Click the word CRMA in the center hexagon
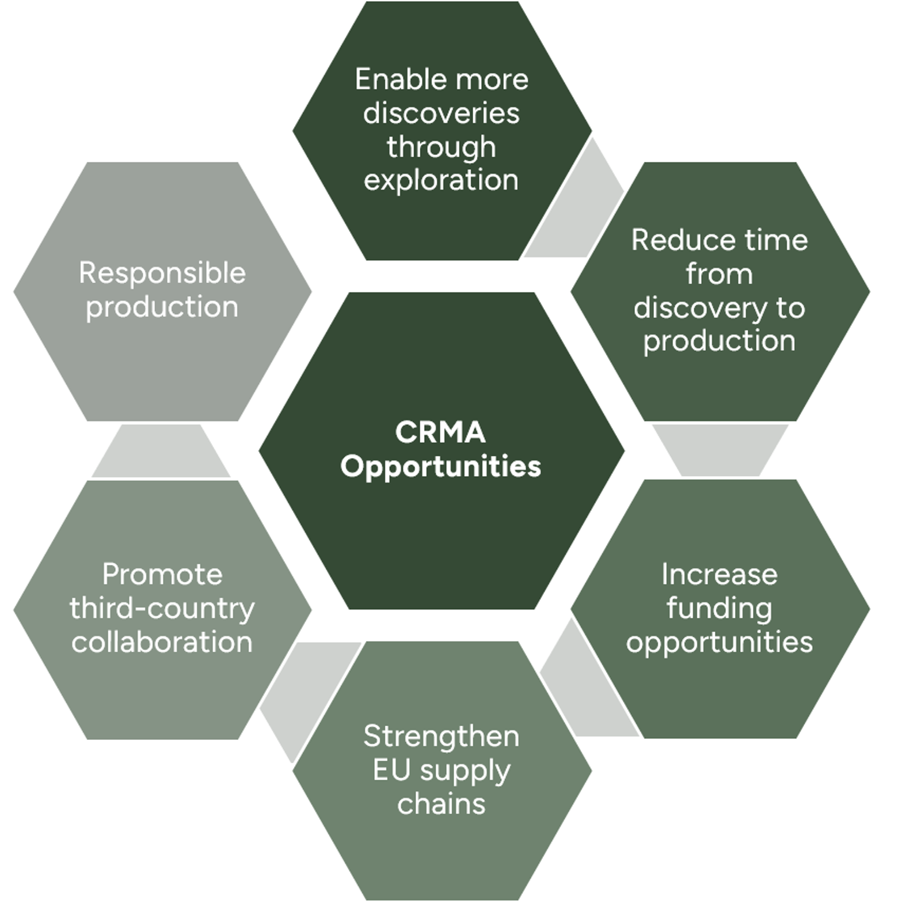pos(440,432)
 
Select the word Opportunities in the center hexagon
pos(440,466)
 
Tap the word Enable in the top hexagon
pos(389,79)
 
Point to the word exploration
pos(441,180)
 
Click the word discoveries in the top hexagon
pos(441,113)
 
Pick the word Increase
pos(719,575)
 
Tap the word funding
pos(719,609)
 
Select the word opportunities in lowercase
pos(719,643)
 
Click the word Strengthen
pos(441,736)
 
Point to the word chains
pos(441,804)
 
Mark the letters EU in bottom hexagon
pos(391,770)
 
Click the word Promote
pos(162,575)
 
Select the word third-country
pos(162,609)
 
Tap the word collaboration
pos(162,642)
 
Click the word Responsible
pos(162,273)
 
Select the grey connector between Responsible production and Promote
pos(161,451)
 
